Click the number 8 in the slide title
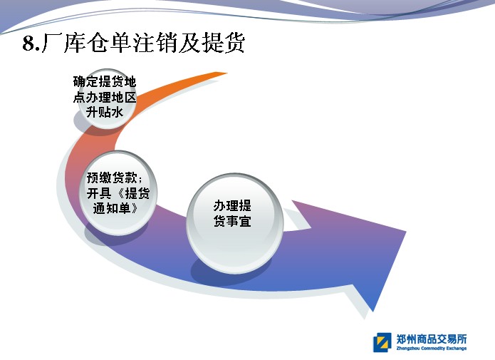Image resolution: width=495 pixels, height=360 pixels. pos(28,43)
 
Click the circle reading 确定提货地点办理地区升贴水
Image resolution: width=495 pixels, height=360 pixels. pos(107,98)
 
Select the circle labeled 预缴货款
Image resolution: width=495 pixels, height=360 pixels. pos(118,192)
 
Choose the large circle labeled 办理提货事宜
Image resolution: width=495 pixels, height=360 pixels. pos(235,223)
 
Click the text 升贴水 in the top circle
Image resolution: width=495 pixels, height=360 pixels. pos(105,112)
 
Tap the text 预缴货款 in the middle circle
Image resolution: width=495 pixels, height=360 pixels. pos(112,178)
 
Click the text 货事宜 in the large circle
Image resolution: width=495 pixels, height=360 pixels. pos(232,221)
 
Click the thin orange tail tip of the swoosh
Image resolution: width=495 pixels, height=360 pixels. pos(226,73)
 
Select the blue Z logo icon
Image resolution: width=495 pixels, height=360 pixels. pos(382,342)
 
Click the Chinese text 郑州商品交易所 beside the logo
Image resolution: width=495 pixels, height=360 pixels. pos(432,339)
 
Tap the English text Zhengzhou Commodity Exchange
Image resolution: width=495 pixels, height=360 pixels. pos(432,349)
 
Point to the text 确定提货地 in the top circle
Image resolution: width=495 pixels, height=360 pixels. pos(105,81)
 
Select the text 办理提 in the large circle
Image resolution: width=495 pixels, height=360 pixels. pos(232,206)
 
